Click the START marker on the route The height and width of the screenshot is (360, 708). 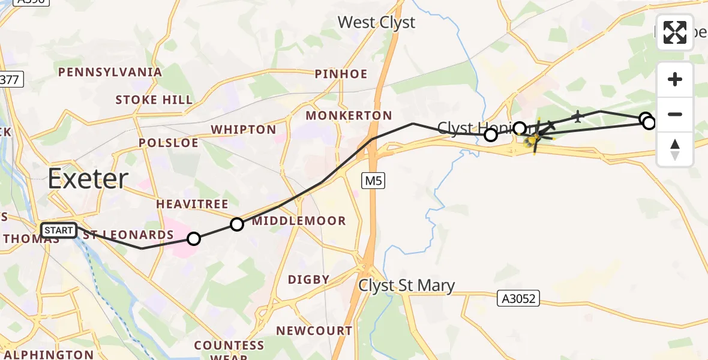[x=59, y=230]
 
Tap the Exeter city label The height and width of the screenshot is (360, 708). [x=88, y=179]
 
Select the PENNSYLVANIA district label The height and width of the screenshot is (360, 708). [x=110, y=73]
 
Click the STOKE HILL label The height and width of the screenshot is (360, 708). [x=154, y=100]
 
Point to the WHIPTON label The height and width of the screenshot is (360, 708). [x=244, y=130]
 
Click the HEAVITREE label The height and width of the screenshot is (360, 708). [x=192, y=205]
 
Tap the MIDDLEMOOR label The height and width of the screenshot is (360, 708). [x=299, y=221]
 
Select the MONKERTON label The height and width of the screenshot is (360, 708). [x=349, y=115]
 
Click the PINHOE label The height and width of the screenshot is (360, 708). [x=341, y=74]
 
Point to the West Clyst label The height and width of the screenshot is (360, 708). [x=376, y=23]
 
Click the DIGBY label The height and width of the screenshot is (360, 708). [x=309, y=280]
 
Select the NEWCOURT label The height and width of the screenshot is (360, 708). [x=314, y=331]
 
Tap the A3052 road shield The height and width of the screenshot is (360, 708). [x=518, y=298]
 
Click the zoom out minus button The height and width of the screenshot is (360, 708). [x=675, y=114]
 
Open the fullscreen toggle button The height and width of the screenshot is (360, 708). [x=675, y=32]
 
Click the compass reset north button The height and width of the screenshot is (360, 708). [x=675, y=149]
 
